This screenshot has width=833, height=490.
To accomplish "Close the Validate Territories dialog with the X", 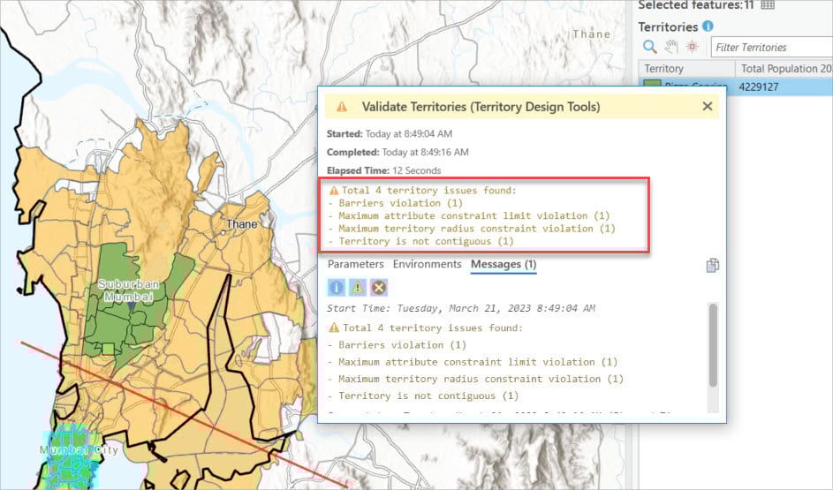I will point(707,107).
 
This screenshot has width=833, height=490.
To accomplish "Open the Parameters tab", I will point(355,264).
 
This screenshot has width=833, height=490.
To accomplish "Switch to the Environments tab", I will point(427,264).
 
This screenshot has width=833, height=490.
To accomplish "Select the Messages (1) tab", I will point(504,264).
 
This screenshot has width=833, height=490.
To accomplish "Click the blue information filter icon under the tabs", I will point(336,287).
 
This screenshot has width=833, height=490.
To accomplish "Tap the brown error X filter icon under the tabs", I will point(378,287).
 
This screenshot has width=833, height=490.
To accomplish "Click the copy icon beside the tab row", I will point(712,266).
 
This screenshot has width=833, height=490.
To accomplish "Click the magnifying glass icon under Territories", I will point(649,47).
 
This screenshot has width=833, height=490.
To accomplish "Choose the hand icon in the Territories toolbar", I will point(670,47).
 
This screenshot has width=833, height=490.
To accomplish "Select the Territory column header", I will point(664,68).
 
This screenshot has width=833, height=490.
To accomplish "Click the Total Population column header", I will point(784,68).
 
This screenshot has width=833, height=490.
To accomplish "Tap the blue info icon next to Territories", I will point(708,26).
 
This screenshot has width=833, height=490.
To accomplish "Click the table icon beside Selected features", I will point(768,4).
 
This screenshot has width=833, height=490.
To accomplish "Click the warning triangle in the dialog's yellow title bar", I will point(342,107).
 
